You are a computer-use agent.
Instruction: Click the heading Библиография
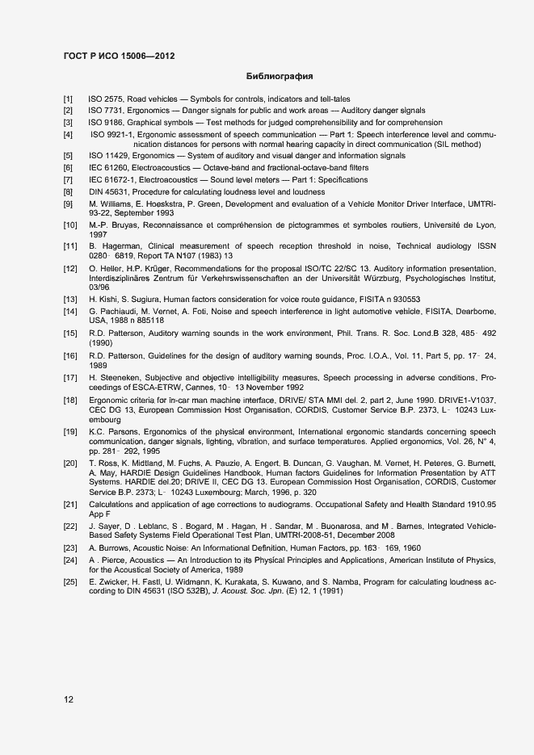279,78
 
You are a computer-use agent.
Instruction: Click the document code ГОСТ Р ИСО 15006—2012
118,57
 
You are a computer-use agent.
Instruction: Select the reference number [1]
69,99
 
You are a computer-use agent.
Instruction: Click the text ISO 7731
105,110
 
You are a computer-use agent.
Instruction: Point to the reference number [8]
69,192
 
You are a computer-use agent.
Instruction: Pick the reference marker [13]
70,299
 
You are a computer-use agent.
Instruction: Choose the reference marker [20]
70,462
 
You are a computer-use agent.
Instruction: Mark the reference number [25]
70,581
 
